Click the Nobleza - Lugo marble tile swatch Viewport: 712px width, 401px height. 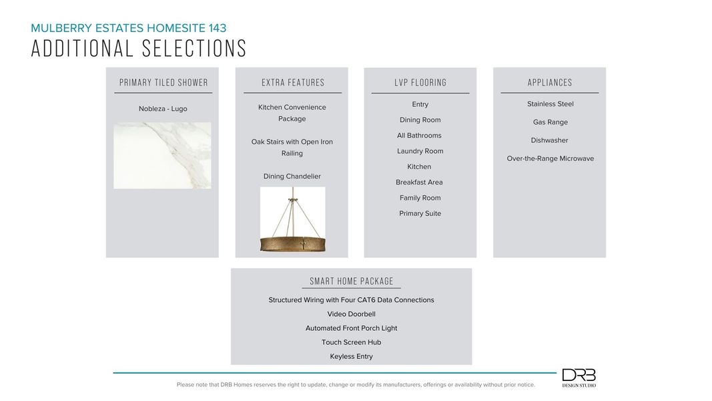(x=162, y=155)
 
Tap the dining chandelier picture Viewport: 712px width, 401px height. (x=292, y=219)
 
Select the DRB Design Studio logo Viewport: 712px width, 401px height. (x=579, y=378)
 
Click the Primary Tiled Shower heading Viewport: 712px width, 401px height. (x=163, y=83)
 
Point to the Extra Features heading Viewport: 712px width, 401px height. (x=293, y=83)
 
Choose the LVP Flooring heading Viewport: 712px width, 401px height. (x=420, y=83)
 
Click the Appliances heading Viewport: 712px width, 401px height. (x=550, y=83)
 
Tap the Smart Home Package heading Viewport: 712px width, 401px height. (x=352, y=281)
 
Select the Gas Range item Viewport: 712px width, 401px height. (x=550, y=122)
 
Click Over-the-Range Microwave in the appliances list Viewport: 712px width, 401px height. (x=550, y=158)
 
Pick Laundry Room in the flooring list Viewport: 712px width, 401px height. (x=420, y=151)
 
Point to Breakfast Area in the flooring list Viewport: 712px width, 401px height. (x=419, y=182)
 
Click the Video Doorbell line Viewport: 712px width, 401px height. (x=351, y=314)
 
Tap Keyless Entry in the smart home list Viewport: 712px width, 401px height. (x=351, y=357)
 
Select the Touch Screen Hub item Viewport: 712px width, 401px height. (x=351, y=342)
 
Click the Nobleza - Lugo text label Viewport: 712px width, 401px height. (x=163, y=109)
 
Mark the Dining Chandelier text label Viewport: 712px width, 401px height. (x=292, y=176)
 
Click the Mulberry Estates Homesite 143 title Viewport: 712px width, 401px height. (x=128, y=28)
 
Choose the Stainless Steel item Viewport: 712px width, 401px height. (x=550, y=104)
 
